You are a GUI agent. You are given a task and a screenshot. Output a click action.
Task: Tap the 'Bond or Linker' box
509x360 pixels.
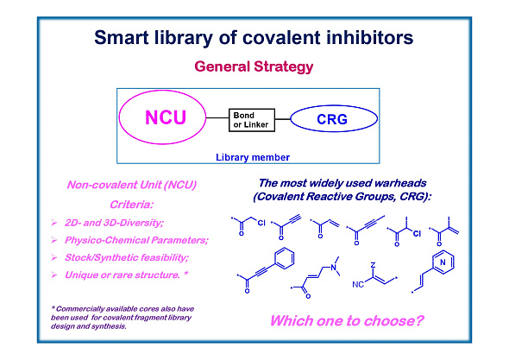pyautogui.click(x=251, y=119)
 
